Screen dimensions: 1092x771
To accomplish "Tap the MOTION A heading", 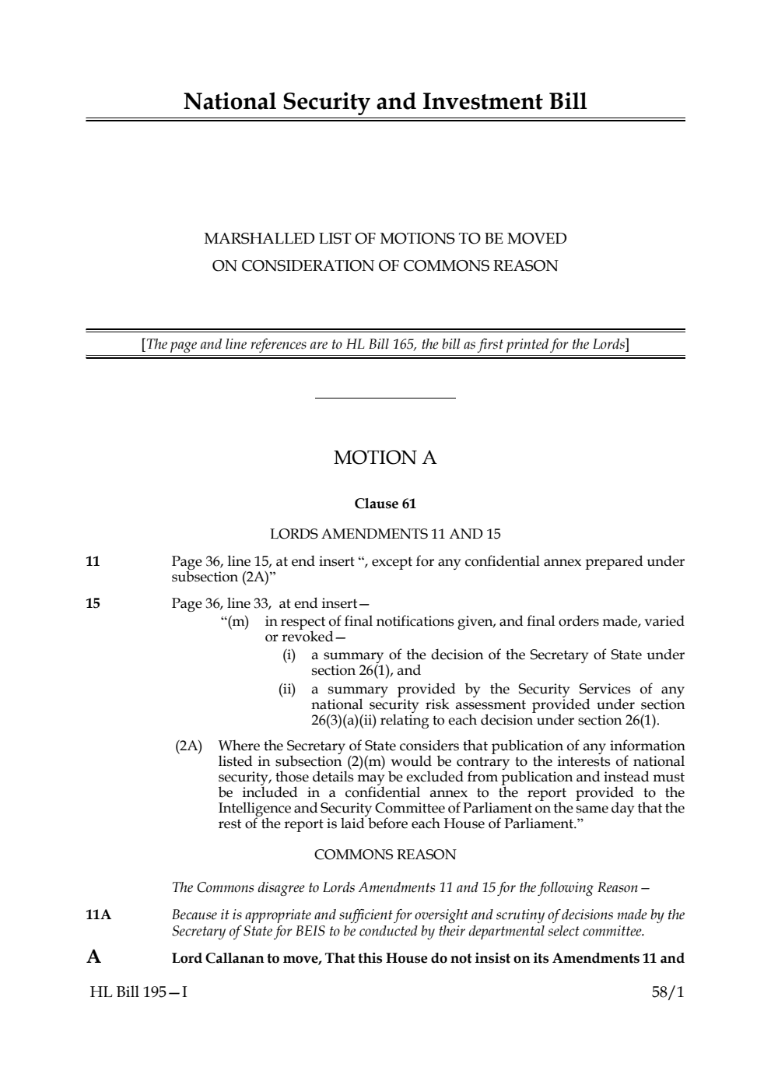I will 385,458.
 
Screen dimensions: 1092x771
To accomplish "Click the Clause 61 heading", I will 385,504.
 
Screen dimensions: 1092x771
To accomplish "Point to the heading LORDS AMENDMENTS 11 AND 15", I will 385,534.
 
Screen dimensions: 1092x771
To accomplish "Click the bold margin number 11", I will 93,561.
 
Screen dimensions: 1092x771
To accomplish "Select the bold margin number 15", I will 93,602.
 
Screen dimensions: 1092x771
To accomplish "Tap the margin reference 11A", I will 99,915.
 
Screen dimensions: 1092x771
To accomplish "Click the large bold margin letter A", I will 93,957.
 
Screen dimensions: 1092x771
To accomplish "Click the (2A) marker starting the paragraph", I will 188,746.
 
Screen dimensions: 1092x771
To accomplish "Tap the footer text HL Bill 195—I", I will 138,992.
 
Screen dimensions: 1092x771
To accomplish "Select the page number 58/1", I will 668,992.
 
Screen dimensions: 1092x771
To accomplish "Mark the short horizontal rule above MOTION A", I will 385,399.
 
